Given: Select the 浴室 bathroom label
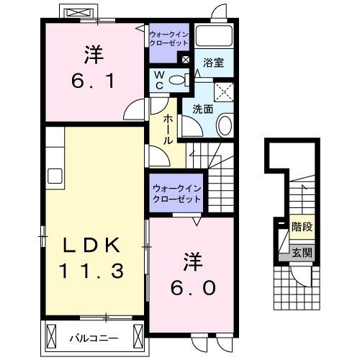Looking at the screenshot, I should (212, 63).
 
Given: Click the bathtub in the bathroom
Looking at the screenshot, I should (213, 37).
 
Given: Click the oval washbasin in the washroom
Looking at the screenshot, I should (223, 127).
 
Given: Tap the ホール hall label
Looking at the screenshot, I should (168, 130).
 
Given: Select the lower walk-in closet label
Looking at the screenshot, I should (177, 193).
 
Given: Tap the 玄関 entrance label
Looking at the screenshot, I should (301, 252).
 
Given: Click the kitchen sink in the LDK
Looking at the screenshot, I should (54, 176).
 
